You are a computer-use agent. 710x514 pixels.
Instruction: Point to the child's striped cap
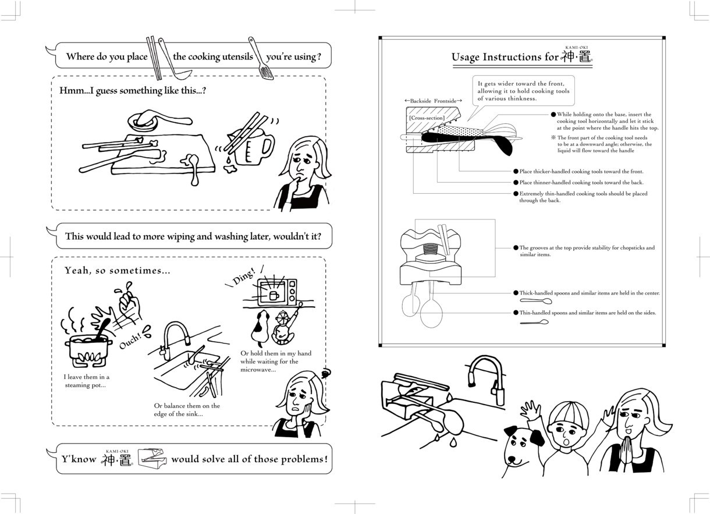[x=568, y=413]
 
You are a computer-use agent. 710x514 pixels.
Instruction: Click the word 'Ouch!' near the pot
[x=130, y=341]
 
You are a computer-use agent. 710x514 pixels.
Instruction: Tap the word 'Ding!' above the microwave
[x=244, y=276]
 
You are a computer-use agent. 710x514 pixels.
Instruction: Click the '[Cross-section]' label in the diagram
[x=427, y=118]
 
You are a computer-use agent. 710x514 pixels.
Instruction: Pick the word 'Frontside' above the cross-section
[x=445, y=101]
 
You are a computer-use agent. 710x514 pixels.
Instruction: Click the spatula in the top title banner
[x=261, y=58]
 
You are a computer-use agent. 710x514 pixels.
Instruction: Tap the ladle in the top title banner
[x=175, y=59]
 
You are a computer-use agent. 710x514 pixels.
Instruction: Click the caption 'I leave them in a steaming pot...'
[x=86, y=381]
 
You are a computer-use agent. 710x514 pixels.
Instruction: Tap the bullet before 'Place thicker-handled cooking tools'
[x=516, y=172]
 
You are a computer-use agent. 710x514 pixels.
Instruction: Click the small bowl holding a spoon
[x=143, y=122]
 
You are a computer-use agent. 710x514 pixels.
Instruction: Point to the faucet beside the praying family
[x=485, y=378]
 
